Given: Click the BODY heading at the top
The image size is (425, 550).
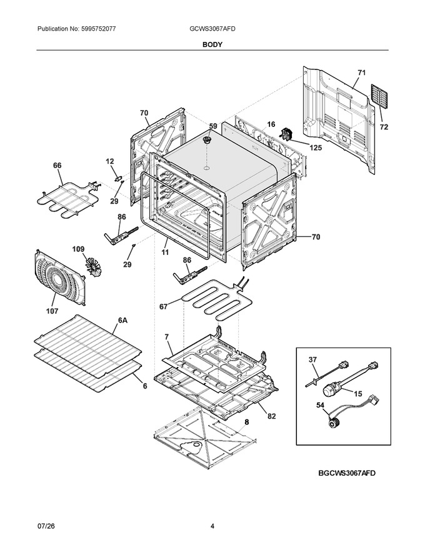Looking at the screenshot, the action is coord(212,44).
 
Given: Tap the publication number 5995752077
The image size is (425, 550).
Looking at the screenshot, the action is coord(99,29).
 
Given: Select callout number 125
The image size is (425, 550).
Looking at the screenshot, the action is coord(316,148).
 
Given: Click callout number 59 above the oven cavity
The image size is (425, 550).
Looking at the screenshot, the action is coord(213,126).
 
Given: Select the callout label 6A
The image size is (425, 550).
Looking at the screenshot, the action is coord(122,320).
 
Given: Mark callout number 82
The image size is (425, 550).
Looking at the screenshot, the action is coord(271,416).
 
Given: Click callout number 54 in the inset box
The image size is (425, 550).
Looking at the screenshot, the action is coord(320,406).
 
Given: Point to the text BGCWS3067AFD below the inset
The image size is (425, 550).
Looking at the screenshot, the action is coord(347,473).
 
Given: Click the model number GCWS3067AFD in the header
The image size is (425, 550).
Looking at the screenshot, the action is coord(212,29).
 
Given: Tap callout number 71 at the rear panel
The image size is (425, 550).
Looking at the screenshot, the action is coord(361,73).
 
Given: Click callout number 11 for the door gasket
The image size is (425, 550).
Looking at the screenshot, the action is coord(165,252).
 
